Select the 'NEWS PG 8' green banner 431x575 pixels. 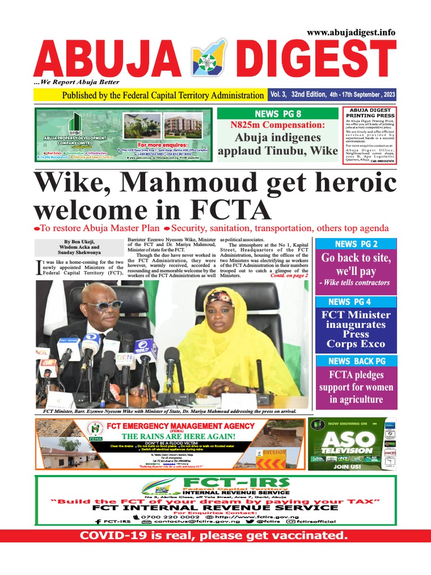(x=278, y=113)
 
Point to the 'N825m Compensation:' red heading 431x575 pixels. (x=278, y=125)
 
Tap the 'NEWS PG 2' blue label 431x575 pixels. (x=356, y=244)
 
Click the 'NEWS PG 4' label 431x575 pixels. (x=356, y=302)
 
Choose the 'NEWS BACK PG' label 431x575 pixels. (x=356, y=360)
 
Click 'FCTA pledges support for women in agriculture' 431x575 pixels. (x=356, y=387)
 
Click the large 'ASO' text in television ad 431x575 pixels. (x=349, y=439)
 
